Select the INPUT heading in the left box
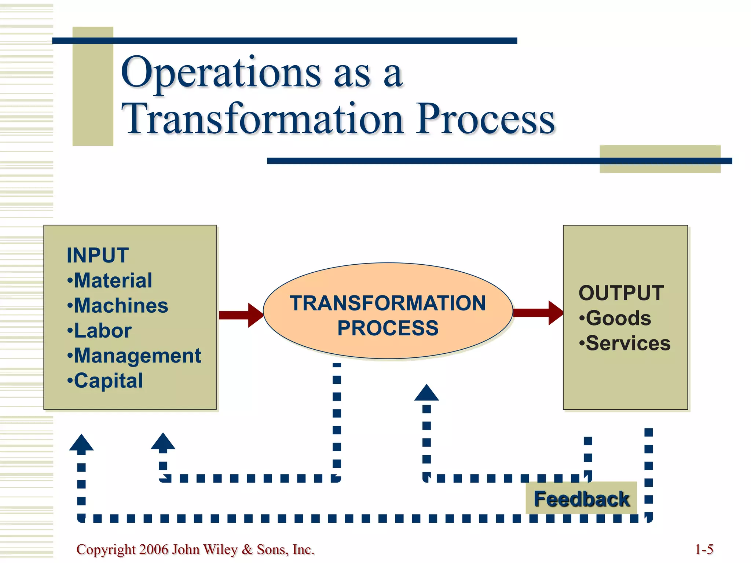[x=98, y=255]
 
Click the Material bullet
[x=110, y=281]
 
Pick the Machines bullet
[x=118, y=306]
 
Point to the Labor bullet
[x=100, y=331]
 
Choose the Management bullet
[x=135, y=356]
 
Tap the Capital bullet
[x=106, y=381]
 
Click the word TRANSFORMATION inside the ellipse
[x=388, y=303]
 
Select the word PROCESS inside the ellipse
[x=388, y=328]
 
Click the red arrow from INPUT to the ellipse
[x=241, y=315]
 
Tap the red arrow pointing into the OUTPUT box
[x=538, y=313]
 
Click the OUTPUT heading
[x=621, y=293]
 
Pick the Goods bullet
[x=616, y=318]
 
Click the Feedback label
[x=581, y=499]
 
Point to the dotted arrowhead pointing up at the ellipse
[x=426, y=393]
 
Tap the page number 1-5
[x=704, y=549]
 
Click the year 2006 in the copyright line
[x=154, y=549]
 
